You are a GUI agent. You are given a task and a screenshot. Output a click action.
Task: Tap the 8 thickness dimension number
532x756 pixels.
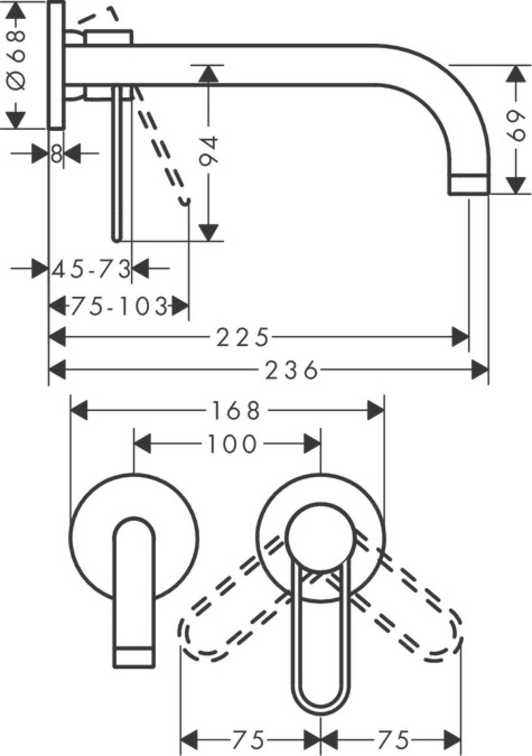coord(56,154)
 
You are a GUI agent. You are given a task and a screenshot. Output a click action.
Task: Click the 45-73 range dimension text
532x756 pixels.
coord(91,269)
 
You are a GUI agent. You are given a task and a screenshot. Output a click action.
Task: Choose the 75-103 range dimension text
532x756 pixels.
coord(119,306)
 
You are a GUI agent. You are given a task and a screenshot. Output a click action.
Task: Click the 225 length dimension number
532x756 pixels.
coord(243,338)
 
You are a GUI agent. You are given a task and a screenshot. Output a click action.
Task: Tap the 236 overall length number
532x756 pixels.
coord(291,370)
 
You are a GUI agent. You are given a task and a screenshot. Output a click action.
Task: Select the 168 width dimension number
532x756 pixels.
coord(235,411)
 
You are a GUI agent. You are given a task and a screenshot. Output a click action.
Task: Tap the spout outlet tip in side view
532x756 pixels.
coord(469,185)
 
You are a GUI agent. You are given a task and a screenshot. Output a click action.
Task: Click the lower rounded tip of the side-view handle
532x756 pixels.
coord(116,239)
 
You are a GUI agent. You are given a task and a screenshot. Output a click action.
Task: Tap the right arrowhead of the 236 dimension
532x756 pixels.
coord(480,370)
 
